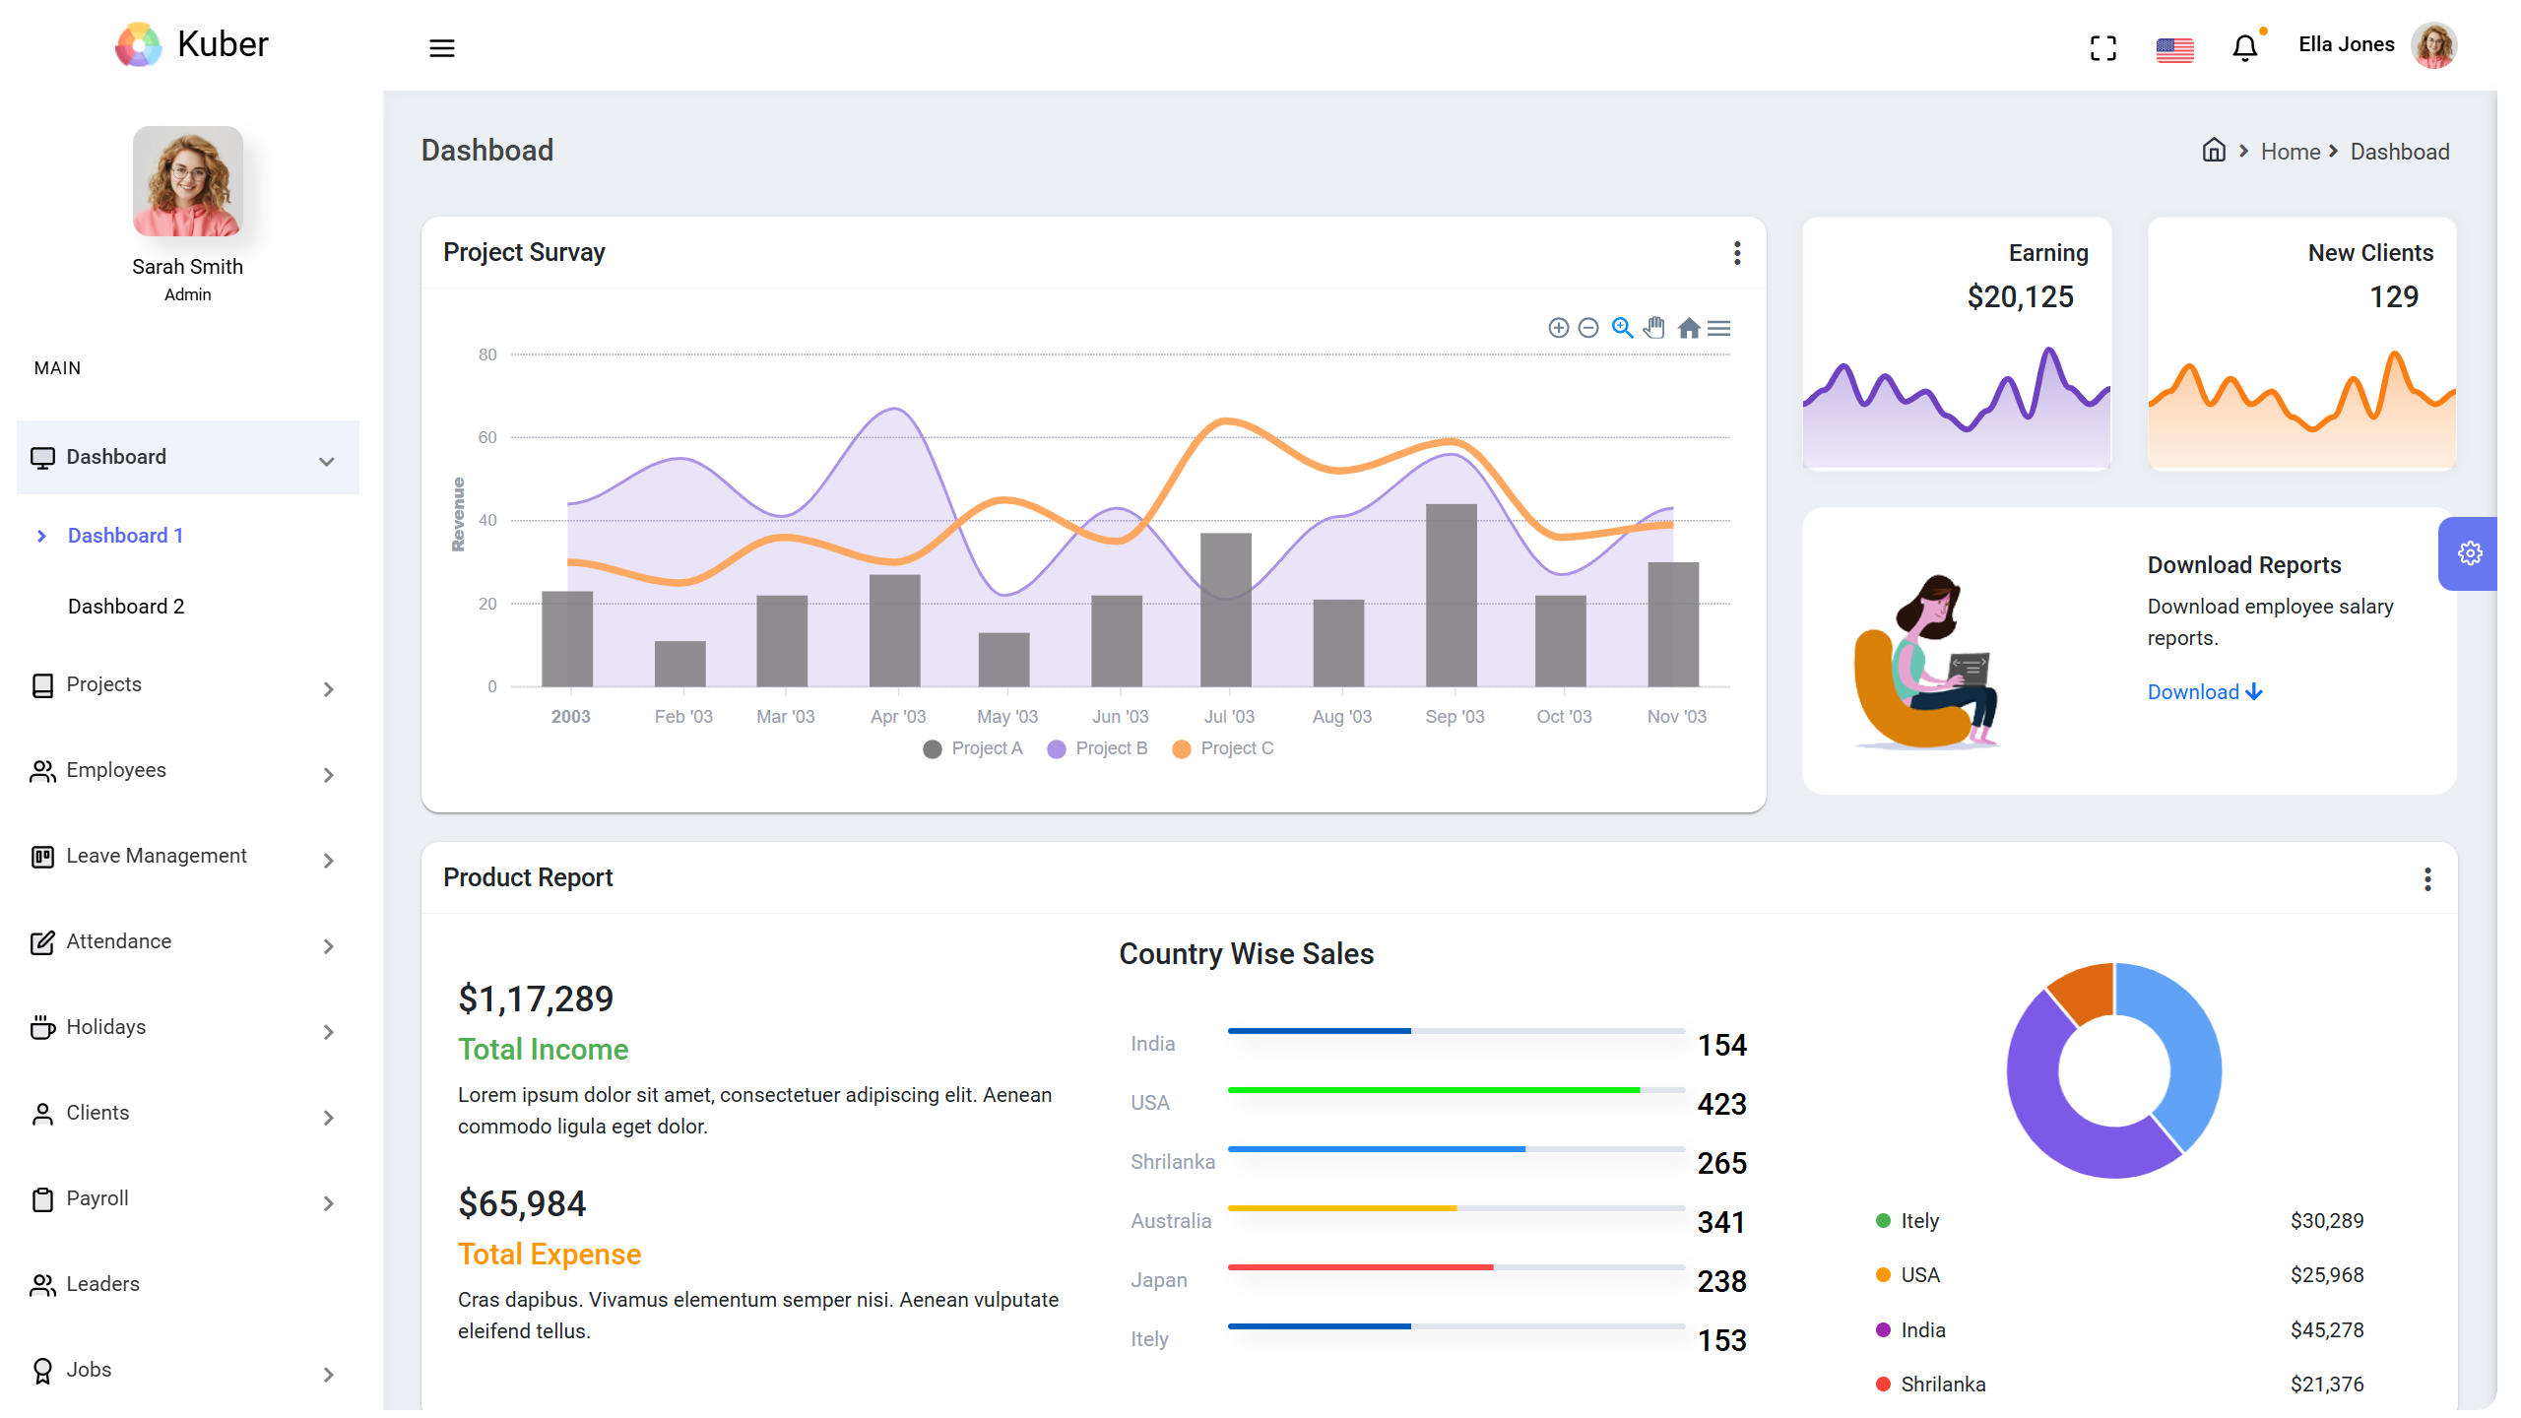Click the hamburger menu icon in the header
point(441,48)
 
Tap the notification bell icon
point(2244,47)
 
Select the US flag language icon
point(2174,49)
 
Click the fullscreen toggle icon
point(2102,48)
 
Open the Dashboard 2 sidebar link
point(126,607)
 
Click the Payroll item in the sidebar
point(97,1198)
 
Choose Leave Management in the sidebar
point(156,856)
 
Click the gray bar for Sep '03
point(1451,595)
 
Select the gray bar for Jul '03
point(1225,610)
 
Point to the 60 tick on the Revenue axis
point(487,437)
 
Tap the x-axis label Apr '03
point(897,717)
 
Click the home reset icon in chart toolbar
point(1688,328)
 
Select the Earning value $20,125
point(2020,296)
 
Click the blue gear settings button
point(2469,553)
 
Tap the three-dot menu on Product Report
point(2426,878)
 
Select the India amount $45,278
point(2326,1330)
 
